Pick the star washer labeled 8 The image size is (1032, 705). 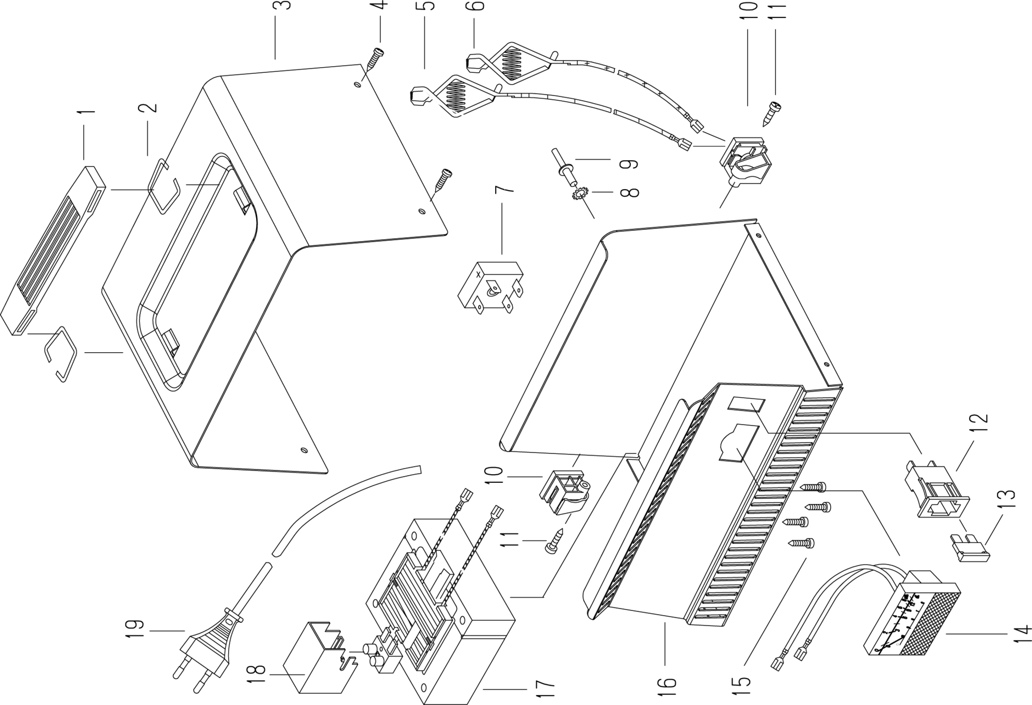point(580,194)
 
